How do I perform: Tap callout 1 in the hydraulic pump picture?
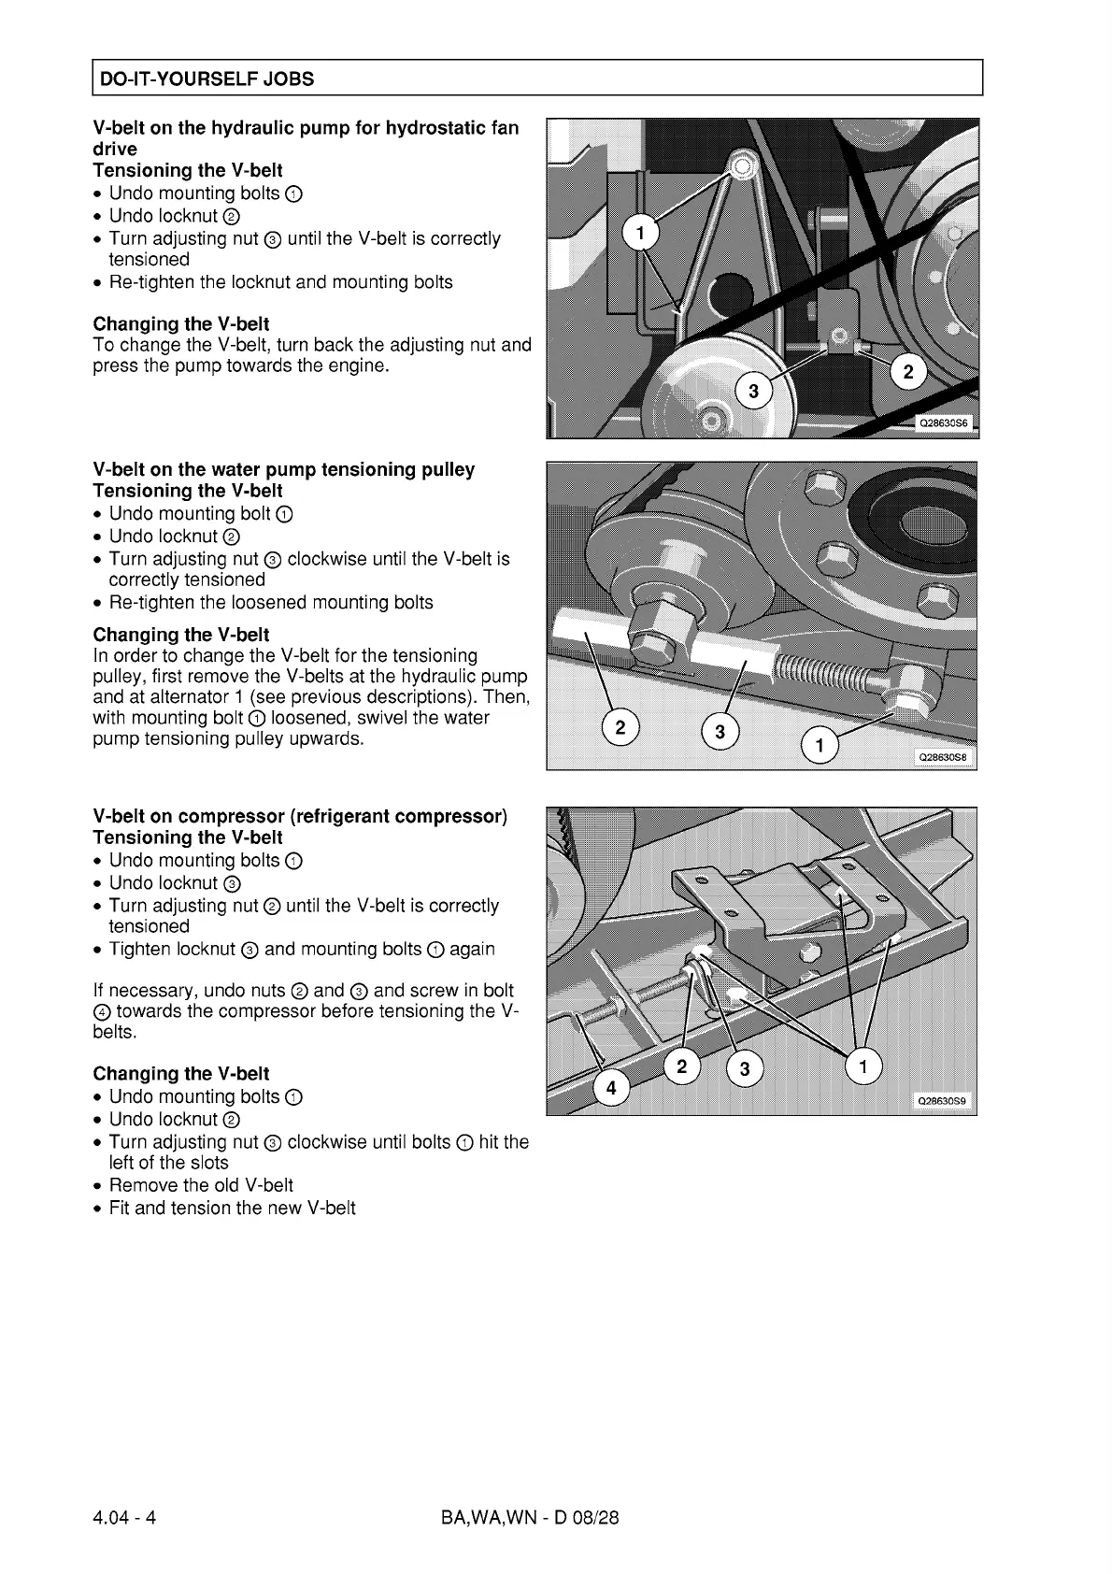pos(640,234)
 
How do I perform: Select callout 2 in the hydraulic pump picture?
pos(907,372)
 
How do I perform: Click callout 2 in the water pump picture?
pos(620,727)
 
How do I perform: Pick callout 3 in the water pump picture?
pos(720,733)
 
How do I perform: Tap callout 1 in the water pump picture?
pos(820,746)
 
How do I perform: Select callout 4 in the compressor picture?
pos(611,1088)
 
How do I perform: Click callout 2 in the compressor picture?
pos(681,1066)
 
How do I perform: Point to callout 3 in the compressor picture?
pos(745,1069)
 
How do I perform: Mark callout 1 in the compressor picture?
pos(863,1066)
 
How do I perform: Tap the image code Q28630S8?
pos(942,758)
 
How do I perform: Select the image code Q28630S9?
pos(942,1101)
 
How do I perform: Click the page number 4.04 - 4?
pos(124,1517)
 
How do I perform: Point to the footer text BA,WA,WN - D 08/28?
pos(530,1517)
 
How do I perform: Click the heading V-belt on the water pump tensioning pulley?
pos(283,469)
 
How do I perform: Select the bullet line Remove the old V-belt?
pos(201,1185)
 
